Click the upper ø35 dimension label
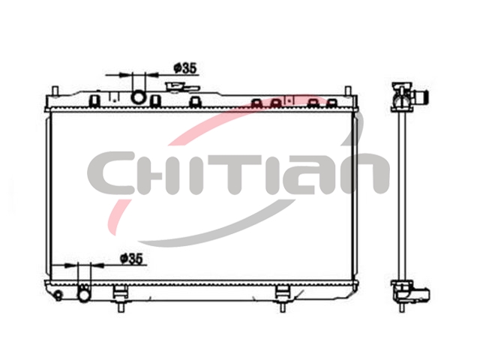tap(185, 68)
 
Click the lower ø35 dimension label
tap(132, 259)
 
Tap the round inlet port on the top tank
tap(138, 97)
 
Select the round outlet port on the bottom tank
tap(84, 295)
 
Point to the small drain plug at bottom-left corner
tap(58, 295)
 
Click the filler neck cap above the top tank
tap(181, 88)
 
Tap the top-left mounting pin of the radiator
tap(55, 91)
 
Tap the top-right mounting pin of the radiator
tap(348, 91)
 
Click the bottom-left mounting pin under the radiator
tap(120, 306)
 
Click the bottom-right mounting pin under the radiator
tap(282, 306)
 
